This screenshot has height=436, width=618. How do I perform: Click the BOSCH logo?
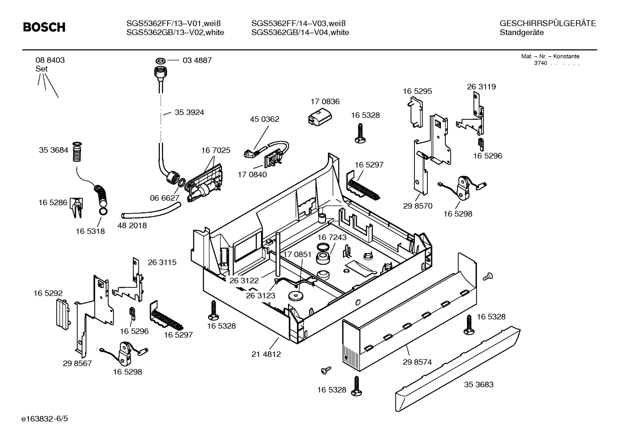(x=44, y=27)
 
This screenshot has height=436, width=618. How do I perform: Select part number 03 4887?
(x=197, y=60)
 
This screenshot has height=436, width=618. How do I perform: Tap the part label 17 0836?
(x=325, y=101)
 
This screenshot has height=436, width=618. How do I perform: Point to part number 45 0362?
(x=264, y=119)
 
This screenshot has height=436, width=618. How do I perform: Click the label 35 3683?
(x=479, y=384)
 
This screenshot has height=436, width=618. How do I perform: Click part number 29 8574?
(x=417, y=362)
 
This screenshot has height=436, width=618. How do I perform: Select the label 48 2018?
(x=132, y=225)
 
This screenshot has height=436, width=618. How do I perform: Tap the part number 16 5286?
(x=53, y=202)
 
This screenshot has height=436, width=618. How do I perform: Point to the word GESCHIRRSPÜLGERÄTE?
(x=548, y=24)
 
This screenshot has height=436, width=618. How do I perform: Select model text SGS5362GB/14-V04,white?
(x=300, y=33)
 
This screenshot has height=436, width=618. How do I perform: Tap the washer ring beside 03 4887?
(x=162, y=60)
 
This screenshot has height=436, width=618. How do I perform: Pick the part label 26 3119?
(x=481, y=86)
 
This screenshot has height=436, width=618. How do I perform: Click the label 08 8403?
(x=50, y=60)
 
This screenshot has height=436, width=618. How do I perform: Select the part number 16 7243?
(x=332, y=237)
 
